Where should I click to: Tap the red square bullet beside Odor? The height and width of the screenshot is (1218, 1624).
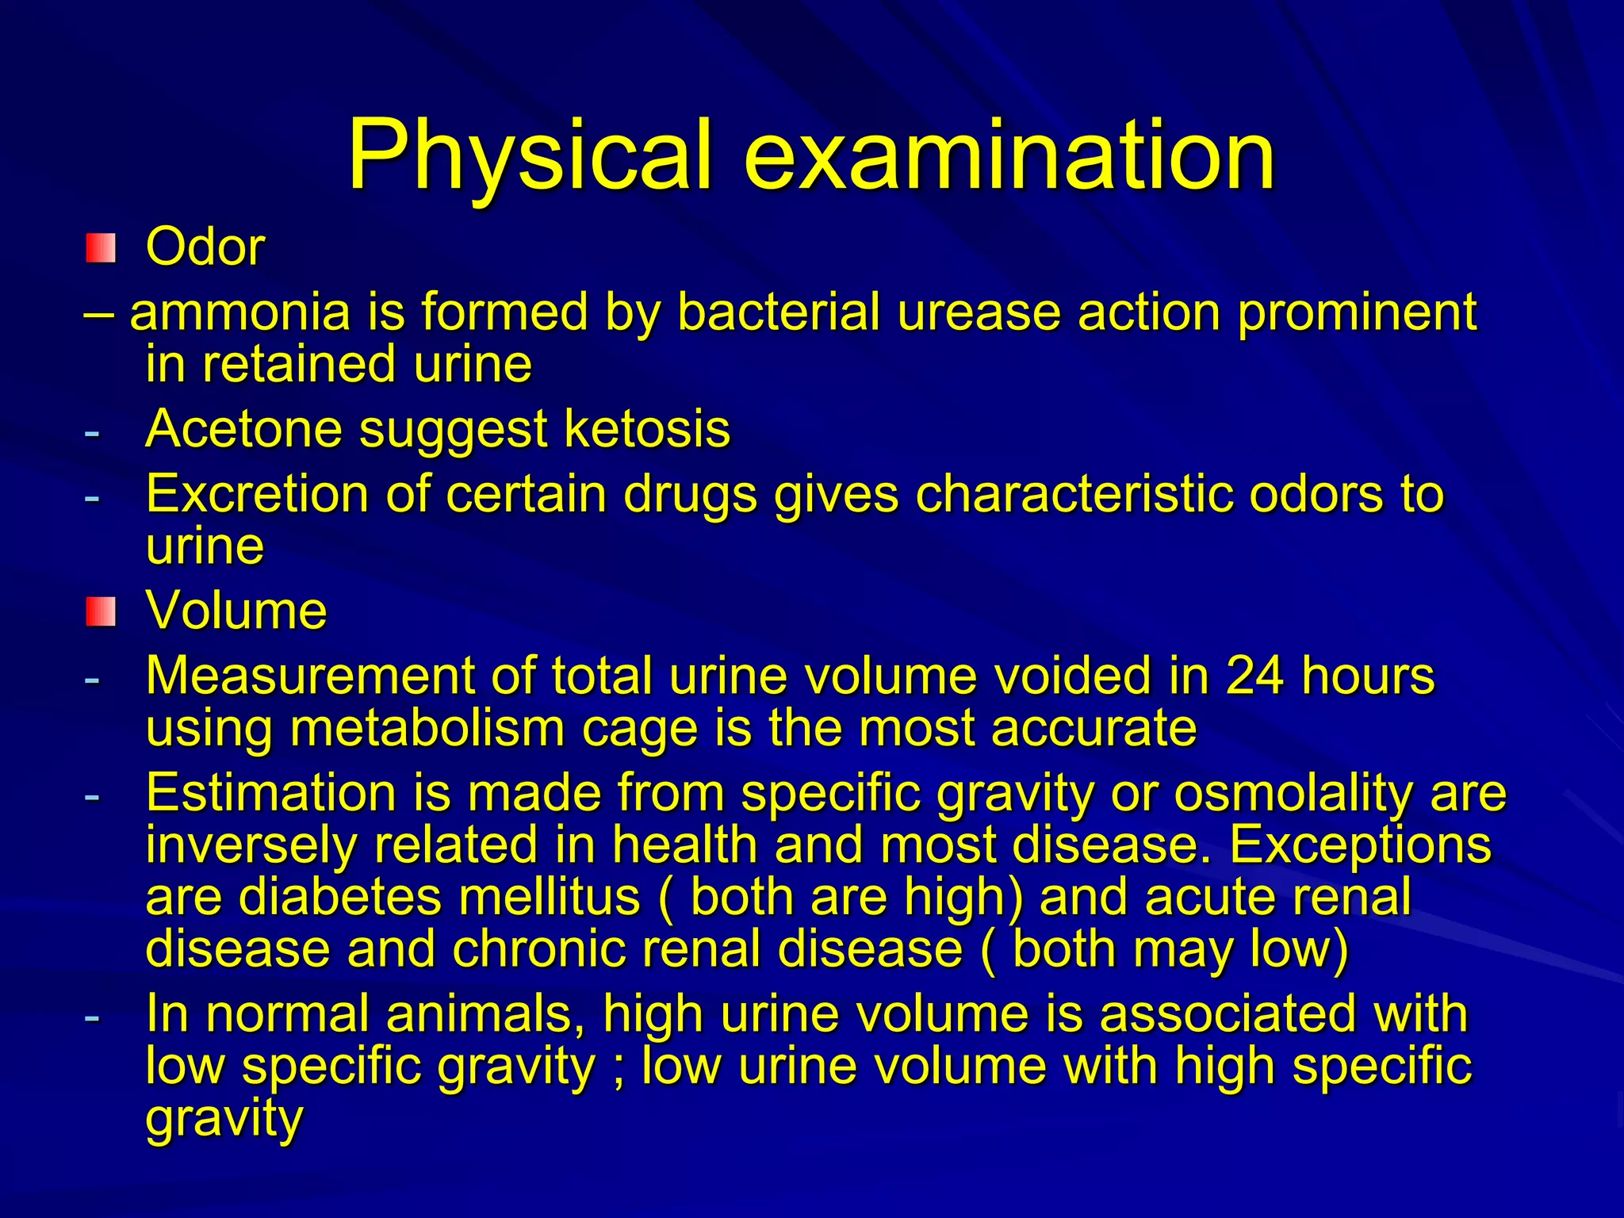(101, 248)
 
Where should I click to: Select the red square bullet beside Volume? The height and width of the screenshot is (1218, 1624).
(101, 612)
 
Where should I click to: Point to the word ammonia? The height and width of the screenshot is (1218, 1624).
(239, 312)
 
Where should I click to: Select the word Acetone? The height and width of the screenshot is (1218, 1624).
(243, 429)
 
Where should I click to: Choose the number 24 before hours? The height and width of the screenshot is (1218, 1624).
(1254, 676)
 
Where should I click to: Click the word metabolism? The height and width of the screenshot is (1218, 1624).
(427, 728)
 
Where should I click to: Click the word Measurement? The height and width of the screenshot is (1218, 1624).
(309, 676)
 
